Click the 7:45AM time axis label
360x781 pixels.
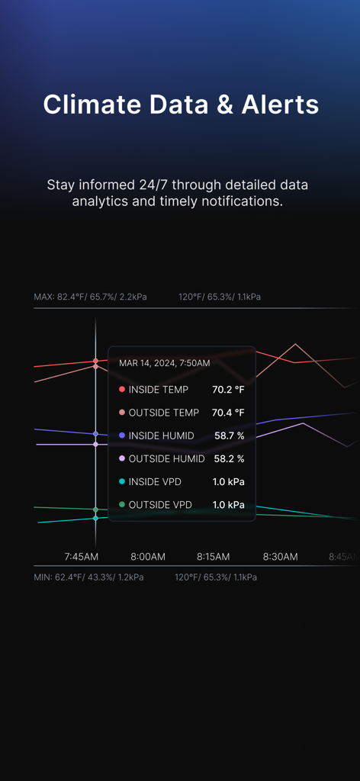[81, 557]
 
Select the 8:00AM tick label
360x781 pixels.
[148, 557]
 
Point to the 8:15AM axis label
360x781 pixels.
[214, 557]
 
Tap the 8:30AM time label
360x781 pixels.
[280, 557]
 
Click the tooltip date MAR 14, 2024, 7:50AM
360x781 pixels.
[164, 363]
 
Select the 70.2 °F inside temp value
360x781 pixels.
[228, 390]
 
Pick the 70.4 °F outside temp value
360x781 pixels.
[228, 413]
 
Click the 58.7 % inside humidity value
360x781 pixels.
[229, 435]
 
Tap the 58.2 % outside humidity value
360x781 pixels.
[229, 458]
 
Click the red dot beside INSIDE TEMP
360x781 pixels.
[122, 390]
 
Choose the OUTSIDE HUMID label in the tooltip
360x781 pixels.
[166, 458]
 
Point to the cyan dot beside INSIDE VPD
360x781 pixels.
[122, 481]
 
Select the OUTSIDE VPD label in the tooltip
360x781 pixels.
[160, 505]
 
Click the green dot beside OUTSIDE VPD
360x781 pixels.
[122, 505]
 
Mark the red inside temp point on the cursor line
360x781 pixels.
[95, 361]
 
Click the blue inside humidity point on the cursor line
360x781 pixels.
[95, 434]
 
